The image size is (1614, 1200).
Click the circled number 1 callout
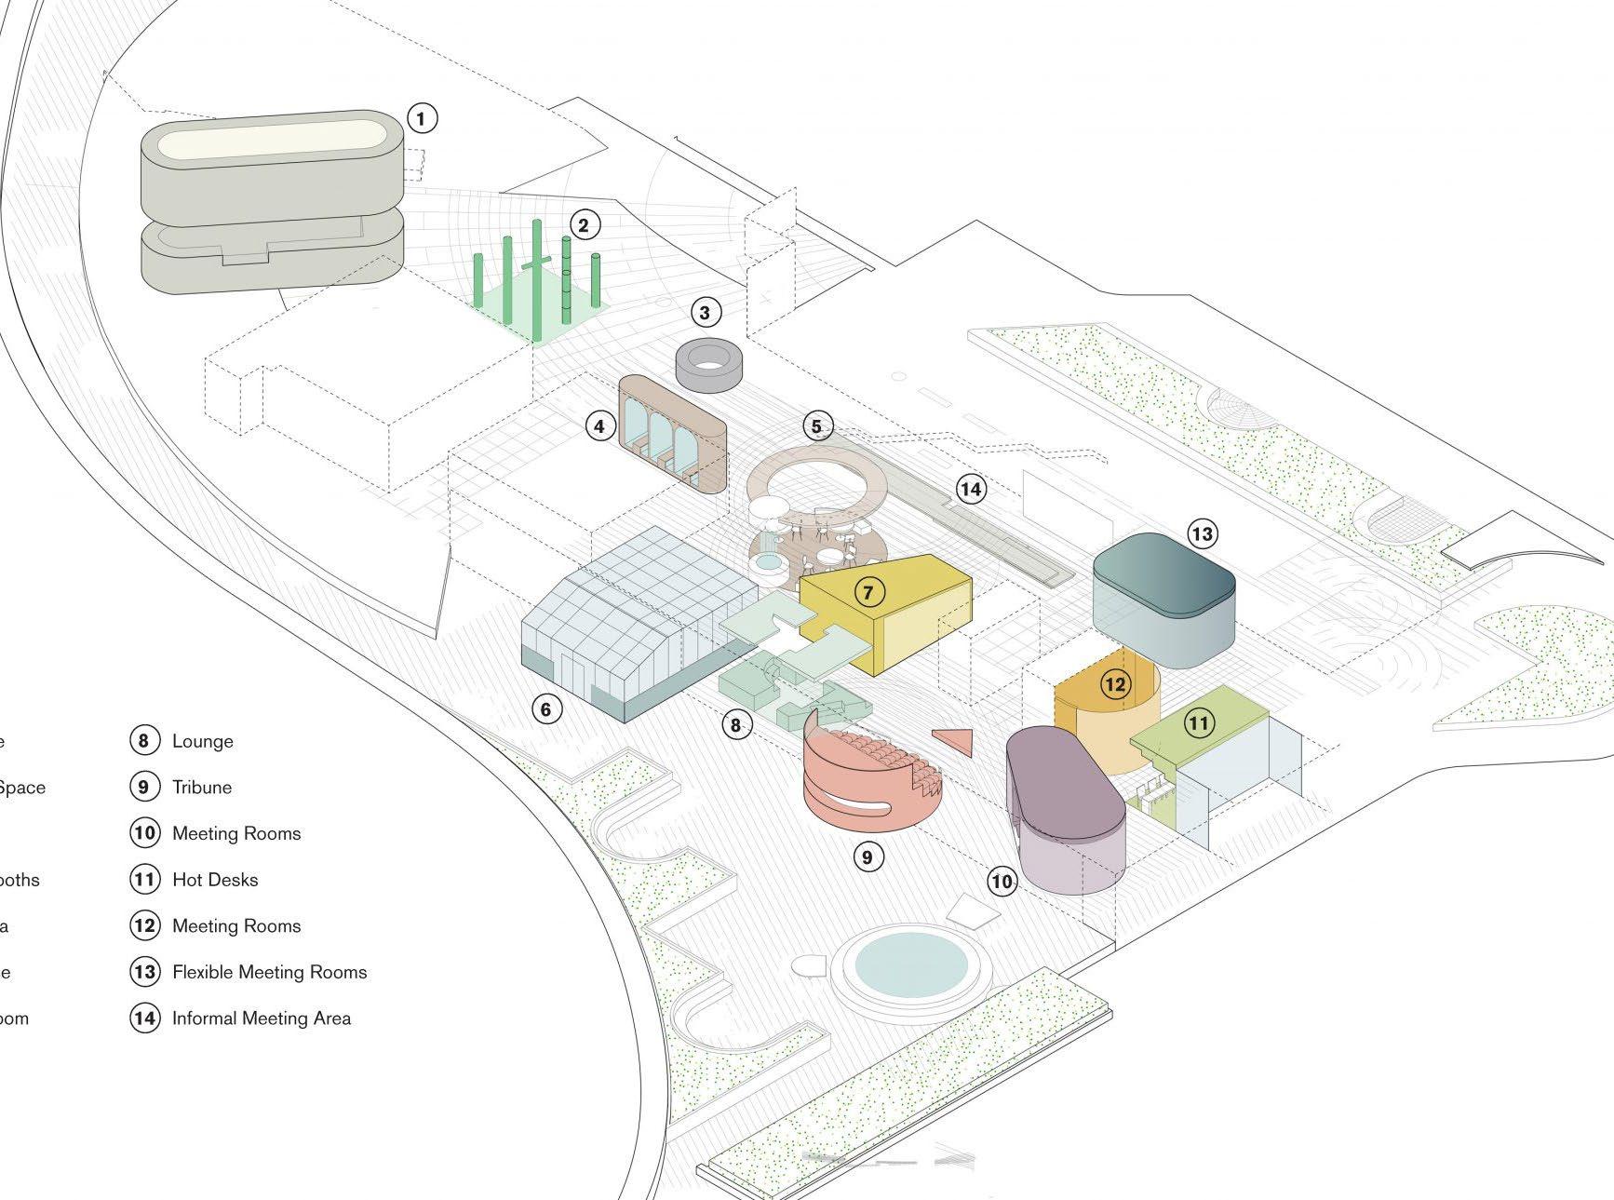tap(422, 118)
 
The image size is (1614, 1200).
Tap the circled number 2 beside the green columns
tap(584, 224)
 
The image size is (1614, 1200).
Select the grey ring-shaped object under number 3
tap(709, 364)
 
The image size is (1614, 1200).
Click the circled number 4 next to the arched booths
tap(600, 426)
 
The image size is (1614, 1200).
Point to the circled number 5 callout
tap(817, 426)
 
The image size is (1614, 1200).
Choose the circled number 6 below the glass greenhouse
tap(546, 709)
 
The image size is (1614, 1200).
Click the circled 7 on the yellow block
tap(869, 591)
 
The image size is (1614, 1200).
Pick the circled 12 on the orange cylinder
tap(1114, 685)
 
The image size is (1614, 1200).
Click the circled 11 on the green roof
tap(1199, 722)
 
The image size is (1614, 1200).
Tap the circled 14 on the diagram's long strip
tap(971, 489)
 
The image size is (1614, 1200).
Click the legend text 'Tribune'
tap(202, 787)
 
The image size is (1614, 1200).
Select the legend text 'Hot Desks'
tap(215, 880)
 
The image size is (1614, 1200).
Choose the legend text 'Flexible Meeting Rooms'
tap(270, 972)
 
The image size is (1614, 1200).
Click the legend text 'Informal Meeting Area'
tap(262, 1018)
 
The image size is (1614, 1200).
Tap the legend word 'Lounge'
tap(203, 741)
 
